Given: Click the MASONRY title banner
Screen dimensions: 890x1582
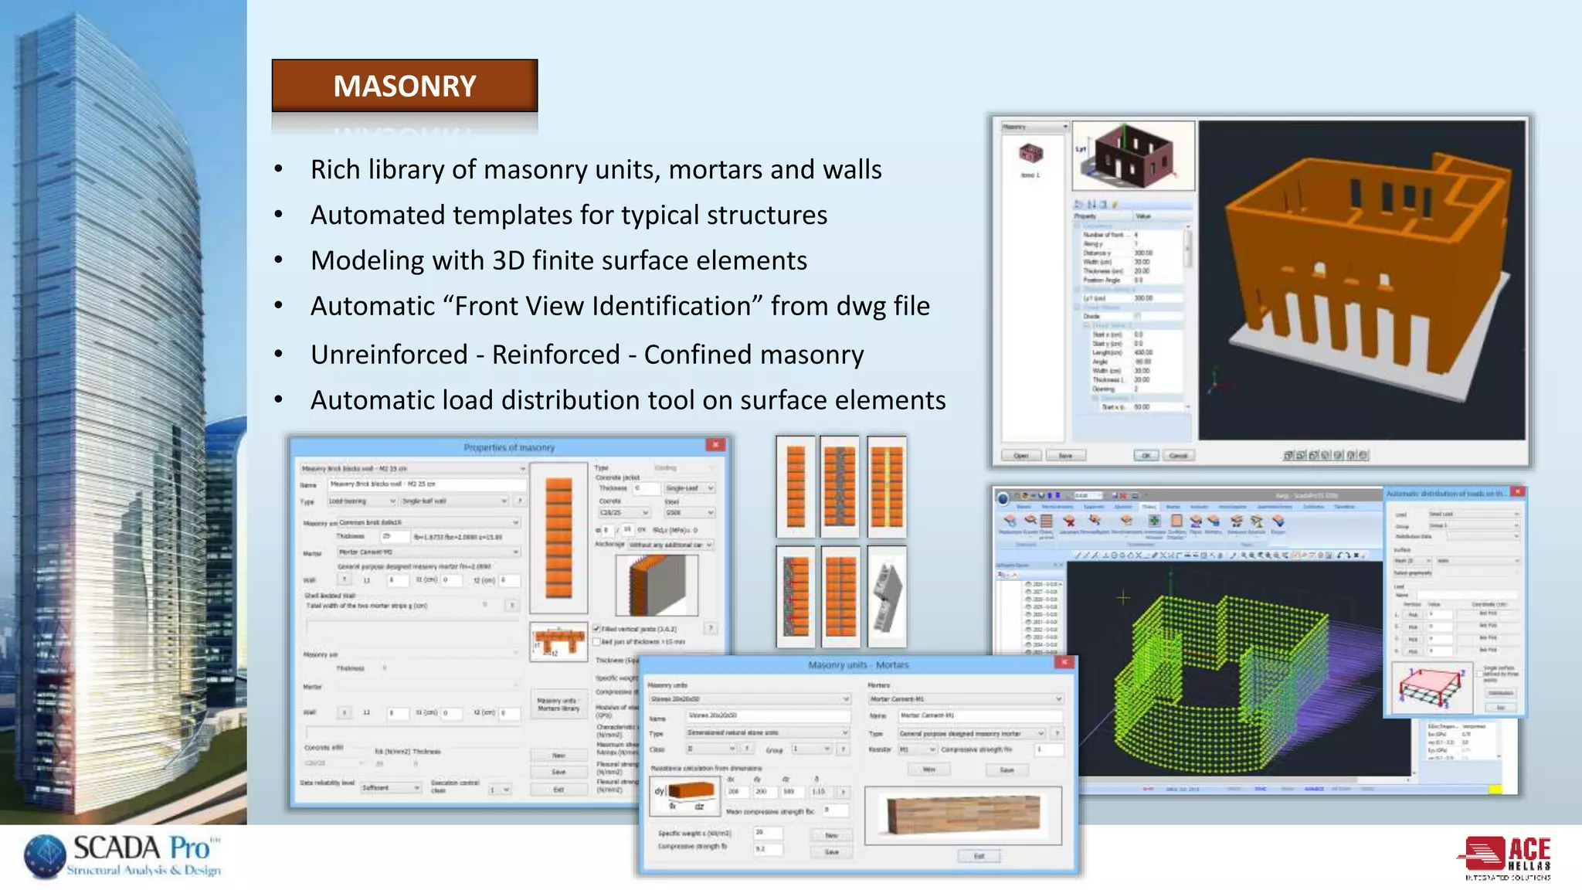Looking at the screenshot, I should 404,86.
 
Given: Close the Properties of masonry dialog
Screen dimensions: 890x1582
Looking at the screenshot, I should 715,445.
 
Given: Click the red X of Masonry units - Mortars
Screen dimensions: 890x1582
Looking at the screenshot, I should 1064,663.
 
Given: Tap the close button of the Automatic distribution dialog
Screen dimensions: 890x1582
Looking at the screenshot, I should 1517,492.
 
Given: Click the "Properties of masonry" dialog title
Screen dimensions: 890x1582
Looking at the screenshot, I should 509,447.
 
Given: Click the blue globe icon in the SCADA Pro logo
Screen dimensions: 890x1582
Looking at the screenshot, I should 45,856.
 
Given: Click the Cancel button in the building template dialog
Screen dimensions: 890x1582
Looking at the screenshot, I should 1177,456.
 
